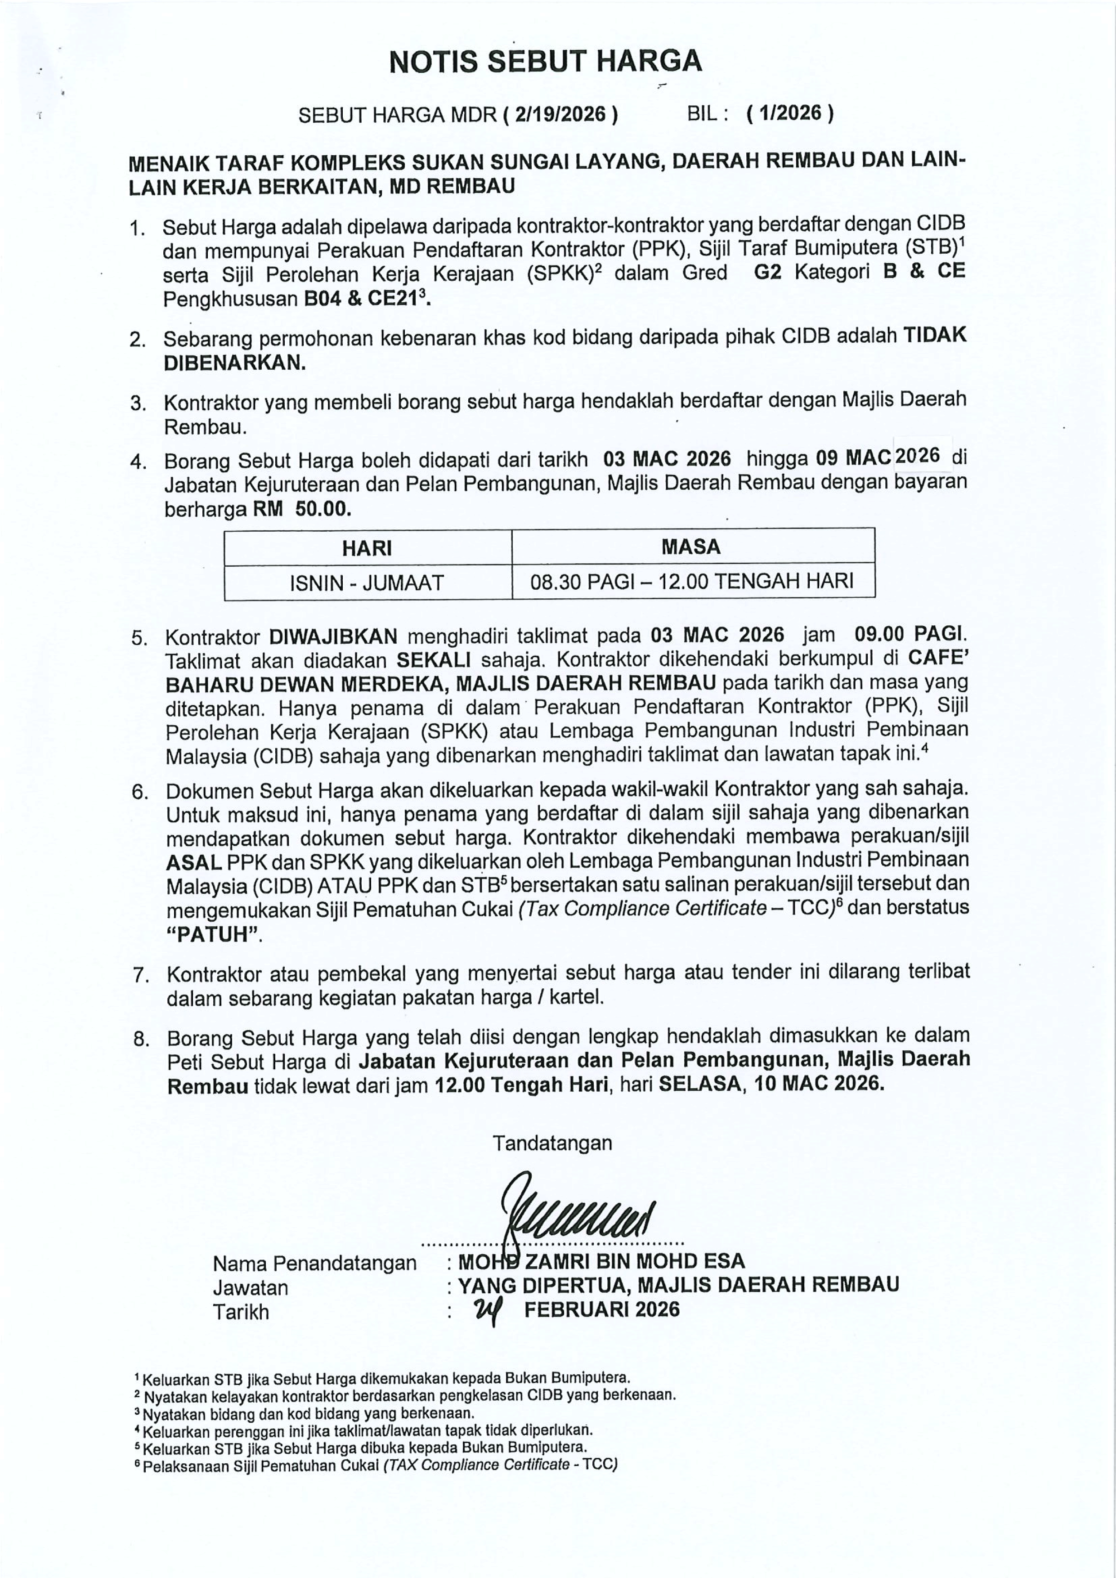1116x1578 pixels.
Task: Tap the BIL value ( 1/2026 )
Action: click(x=790, y=113)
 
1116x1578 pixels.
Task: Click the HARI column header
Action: click(x=367, y=548)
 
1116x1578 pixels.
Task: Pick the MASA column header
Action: click(x=691, y=547)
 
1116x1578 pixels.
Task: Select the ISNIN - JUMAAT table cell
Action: click(x=367, y=583)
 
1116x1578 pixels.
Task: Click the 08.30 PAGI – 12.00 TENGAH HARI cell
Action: click(x=692, y=582)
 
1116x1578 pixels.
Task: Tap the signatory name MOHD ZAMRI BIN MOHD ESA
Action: click(x=601, y=1261)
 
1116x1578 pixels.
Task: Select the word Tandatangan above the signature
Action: click(x=552, y=1143)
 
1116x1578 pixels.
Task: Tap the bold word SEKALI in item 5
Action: click(x=434, y=660)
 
